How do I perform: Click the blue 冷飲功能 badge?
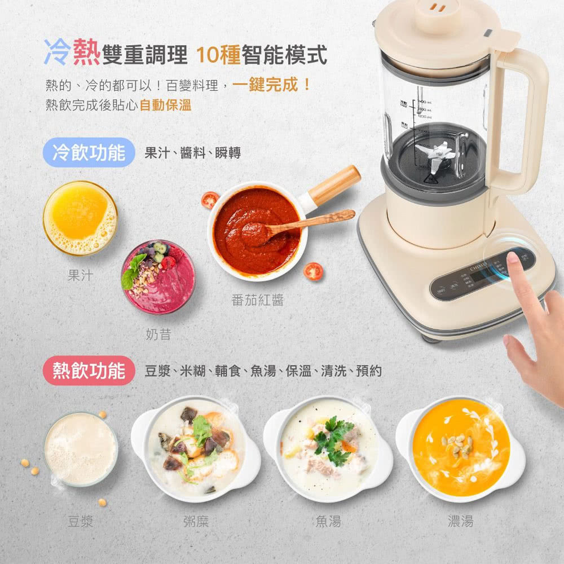[89, 152]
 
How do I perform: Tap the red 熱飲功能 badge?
[89, 371]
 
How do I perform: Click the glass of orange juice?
[80, 218]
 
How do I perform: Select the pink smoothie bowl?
[158, 277]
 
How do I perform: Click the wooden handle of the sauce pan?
[334, 185]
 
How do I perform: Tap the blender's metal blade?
[435, 153]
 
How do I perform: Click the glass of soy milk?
[81, 448]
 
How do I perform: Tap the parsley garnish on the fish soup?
[333, 437]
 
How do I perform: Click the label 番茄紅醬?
[257, 300]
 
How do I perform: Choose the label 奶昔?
[158, 334]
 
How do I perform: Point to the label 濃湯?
[460, 521]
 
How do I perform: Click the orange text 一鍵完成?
[266, 86]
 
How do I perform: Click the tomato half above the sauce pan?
[210, 200]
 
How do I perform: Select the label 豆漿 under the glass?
[80, 521]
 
